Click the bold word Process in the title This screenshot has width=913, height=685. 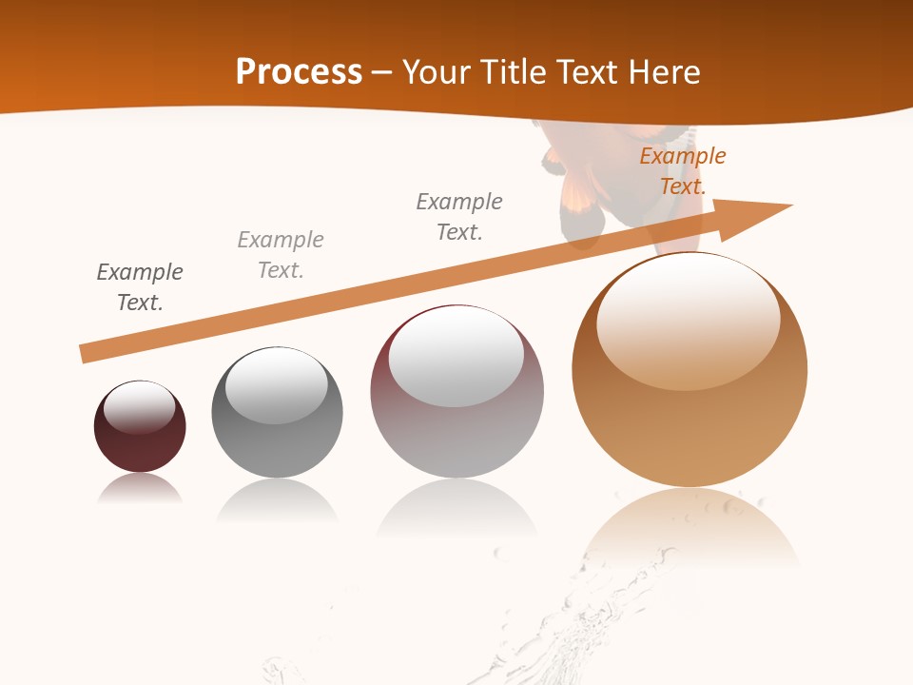coord(299,71)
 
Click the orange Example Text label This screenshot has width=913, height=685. coord(683,171)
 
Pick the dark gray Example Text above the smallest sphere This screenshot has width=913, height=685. coord(140,287)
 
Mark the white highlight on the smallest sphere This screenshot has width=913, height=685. coord(139,407)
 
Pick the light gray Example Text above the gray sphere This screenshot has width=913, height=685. coord(281,255)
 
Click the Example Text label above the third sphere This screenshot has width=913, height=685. coord(459,217)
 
